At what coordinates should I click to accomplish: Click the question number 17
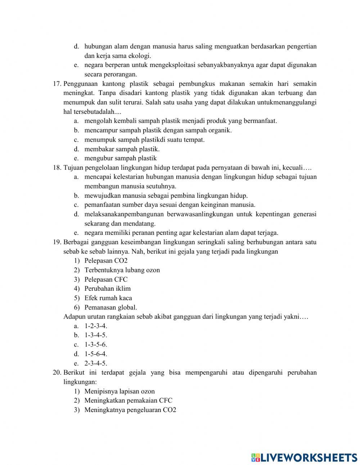click(x=57, y=84)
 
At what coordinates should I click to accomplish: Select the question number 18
click(x=57, y=167)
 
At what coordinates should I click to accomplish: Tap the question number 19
click(x=57, y=242)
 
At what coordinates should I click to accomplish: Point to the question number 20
click(x=57, y=372)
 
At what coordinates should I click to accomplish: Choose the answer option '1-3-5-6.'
click(x=96, y=344)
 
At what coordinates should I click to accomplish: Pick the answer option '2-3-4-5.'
click(x=96, y=363)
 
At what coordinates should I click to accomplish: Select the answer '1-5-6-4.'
click(x=96, y=354)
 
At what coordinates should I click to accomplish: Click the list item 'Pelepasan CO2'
click(x=106, y=261)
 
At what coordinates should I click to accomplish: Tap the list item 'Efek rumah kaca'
click(x=108, y=298)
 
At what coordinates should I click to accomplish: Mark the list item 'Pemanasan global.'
click(x=111, y=307)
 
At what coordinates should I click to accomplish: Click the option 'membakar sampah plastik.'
click(x=122, y=149)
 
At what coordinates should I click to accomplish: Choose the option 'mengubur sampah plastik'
click(x=120, y=158)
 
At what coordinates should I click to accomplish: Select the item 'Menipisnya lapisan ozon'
click(x=119, y=391)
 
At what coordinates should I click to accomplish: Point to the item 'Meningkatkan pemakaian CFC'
click(x=128, y=401)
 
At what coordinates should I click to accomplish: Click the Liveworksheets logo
click(x=304, y=457)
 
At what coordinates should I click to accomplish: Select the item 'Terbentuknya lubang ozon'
click(x=122, y=270)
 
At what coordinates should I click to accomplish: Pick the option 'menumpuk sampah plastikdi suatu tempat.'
click(x=144, y=140)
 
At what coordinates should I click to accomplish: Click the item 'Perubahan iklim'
click(x=107, y=289)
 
